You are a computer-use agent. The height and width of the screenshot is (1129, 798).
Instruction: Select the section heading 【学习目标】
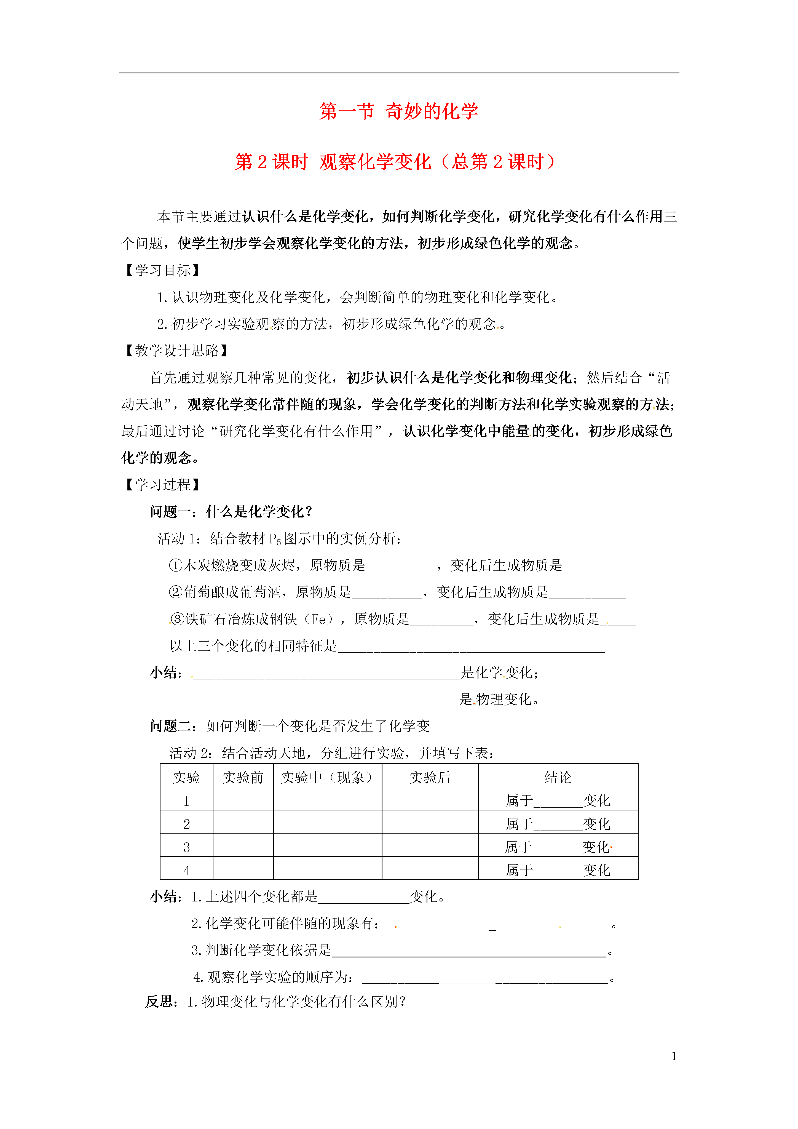162,270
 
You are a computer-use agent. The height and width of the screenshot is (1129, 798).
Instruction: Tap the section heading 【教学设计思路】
176,351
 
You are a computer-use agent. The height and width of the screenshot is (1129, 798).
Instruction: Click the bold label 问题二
171,726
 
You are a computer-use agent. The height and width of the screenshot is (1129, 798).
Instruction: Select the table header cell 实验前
243,777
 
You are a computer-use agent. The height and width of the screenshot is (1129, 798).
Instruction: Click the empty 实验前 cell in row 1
243,800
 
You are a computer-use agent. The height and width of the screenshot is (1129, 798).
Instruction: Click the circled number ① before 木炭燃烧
176,565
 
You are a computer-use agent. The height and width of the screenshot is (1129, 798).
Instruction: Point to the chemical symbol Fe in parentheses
318,619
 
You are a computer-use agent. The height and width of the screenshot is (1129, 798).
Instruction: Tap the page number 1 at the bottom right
674,1056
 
